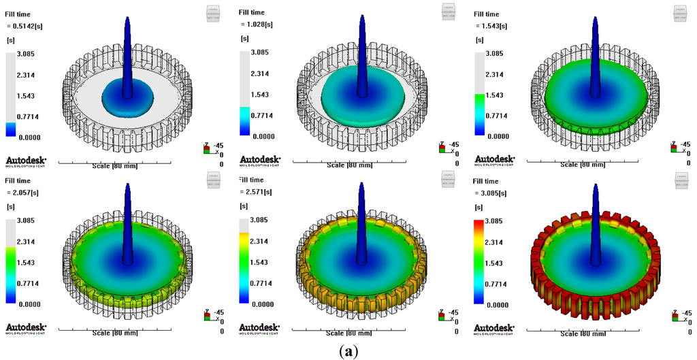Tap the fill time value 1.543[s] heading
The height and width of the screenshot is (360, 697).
(493, 26)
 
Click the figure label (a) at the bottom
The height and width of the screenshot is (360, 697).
(348, 351)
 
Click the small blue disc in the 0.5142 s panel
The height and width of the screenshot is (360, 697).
(129, 100)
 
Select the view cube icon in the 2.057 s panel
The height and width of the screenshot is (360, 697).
(214, 178)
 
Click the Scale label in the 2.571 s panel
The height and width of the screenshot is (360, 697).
(349, 332)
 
